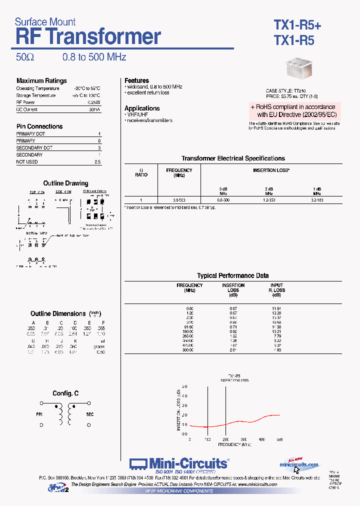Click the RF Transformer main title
pos(88,37)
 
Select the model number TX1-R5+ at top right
pos(297,24)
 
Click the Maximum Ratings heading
pos(41,81)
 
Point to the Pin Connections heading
pos(39,126)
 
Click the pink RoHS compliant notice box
pos(294,110)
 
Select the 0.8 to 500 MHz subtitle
pos(94,57)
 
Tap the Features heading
pos(136,80)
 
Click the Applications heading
pos(142,108)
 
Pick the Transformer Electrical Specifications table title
pos(233,158)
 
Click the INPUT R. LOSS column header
pos(276,288)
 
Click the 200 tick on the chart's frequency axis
pos(225,439)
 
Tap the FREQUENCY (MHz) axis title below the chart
pos(234,444)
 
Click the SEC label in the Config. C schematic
pos(90,414)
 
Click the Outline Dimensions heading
pos(58,313)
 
